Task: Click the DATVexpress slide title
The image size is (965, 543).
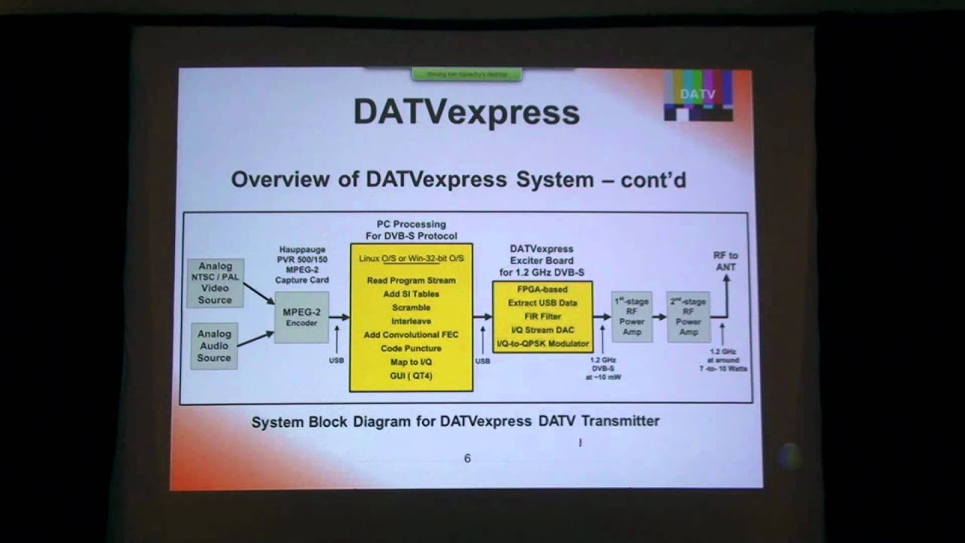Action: point(466,112)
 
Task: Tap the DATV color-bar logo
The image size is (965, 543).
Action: point(697,95)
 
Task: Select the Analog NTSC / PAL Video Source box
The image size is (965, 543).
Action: point(215,283)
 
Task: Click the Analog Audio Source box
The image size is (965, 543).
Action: point(214,345)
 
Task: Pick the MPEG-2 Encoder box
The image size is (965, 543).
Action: point(302,317)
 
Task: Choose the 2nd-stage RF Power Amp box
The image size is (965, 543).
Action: point(689,317)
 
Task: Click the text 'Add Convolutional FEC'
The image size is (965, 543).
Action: point(411,335)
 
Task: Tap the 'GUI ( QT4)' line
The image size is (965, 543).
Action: point(411,376)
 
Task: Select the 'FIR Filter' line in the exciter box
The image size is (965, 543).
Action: point(542,317)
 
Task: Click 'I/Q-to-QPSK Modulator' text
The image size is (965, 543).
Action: point(542,344)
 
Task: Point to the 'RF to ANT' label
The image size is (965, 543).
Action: point(725,261)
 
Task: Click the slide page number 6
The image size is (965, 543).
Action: point(467,459)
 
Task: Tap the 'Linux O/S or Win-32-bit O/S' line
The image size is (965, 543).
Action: point(411,259)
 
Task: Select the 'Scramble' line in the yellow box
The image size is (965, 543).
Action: point(411,308)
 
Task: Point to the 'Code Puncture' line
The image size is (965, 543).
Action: point(411,348)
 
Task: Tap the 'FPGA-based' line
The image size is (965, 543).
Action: point(542,290)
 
